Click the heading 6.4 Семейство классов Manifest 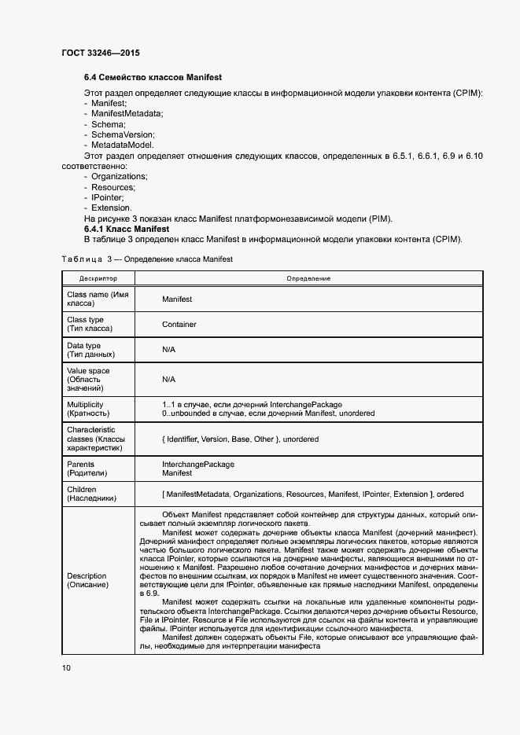click(153, 78)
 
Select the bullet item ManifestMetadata click(127, 114)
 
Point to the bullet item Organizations click(119, 177)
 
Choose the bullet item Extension click(111, 208)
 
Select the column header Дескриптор click(98, 278)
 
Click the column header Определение click(308, 278)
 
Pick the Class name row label click(98, 299)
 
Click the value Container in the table click(179, 324)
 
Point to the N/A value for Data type click(168, 349)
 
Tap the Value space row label click(89, 379)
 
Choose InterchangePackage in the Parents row click(198, 464)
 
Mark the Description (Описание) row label click(87, 581)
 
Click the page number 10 click(66, 667)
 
